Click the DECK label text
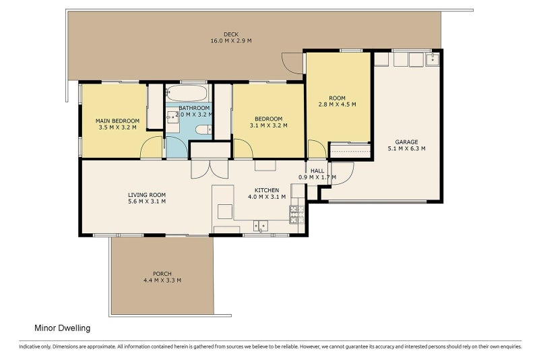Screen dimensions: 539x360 [x=231, y=34]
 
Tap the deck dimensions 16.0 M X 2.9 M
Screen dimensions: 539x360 [x=231, y=40]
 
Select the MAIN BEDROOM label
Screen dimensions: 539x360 [x=117, y=121]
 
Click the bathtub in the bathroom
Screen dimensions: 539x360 [x=187, y=93]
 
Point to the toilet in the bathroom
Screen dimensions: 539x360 [x=203, y=130]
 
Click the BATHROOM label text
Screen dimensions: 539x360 [x=194, y=108]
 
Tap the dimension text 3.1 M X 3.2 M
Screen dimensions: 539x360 [x=268, y=125]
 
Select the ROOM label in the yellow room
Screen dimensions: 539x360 [x=338, y=98]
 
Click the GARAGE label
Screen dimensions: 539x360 [x=407, y=142]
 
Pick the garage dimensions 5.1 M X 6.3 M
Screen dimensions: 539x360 [x=407, y=148]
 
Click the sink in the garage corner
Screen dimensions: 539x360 [x=433, y=59]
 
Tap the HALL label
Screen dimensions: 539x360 [x=317, y=171]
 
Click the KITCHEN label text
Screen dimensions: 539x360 [x=267, y=191]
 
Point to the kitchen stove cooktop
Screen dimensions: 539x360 [x=297, y=214]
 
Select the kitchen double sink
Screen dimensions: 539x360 [x=261, y=226]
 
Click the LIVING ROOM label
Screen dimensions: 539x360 [x=147, y=195]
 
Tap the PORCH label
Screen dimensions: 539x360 [x=162, y=274]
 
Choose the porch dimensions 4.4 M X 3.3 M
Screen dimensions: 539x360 [x=162, y=280]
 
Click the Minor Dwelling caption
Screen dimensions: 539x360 [x=62, y=328]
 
